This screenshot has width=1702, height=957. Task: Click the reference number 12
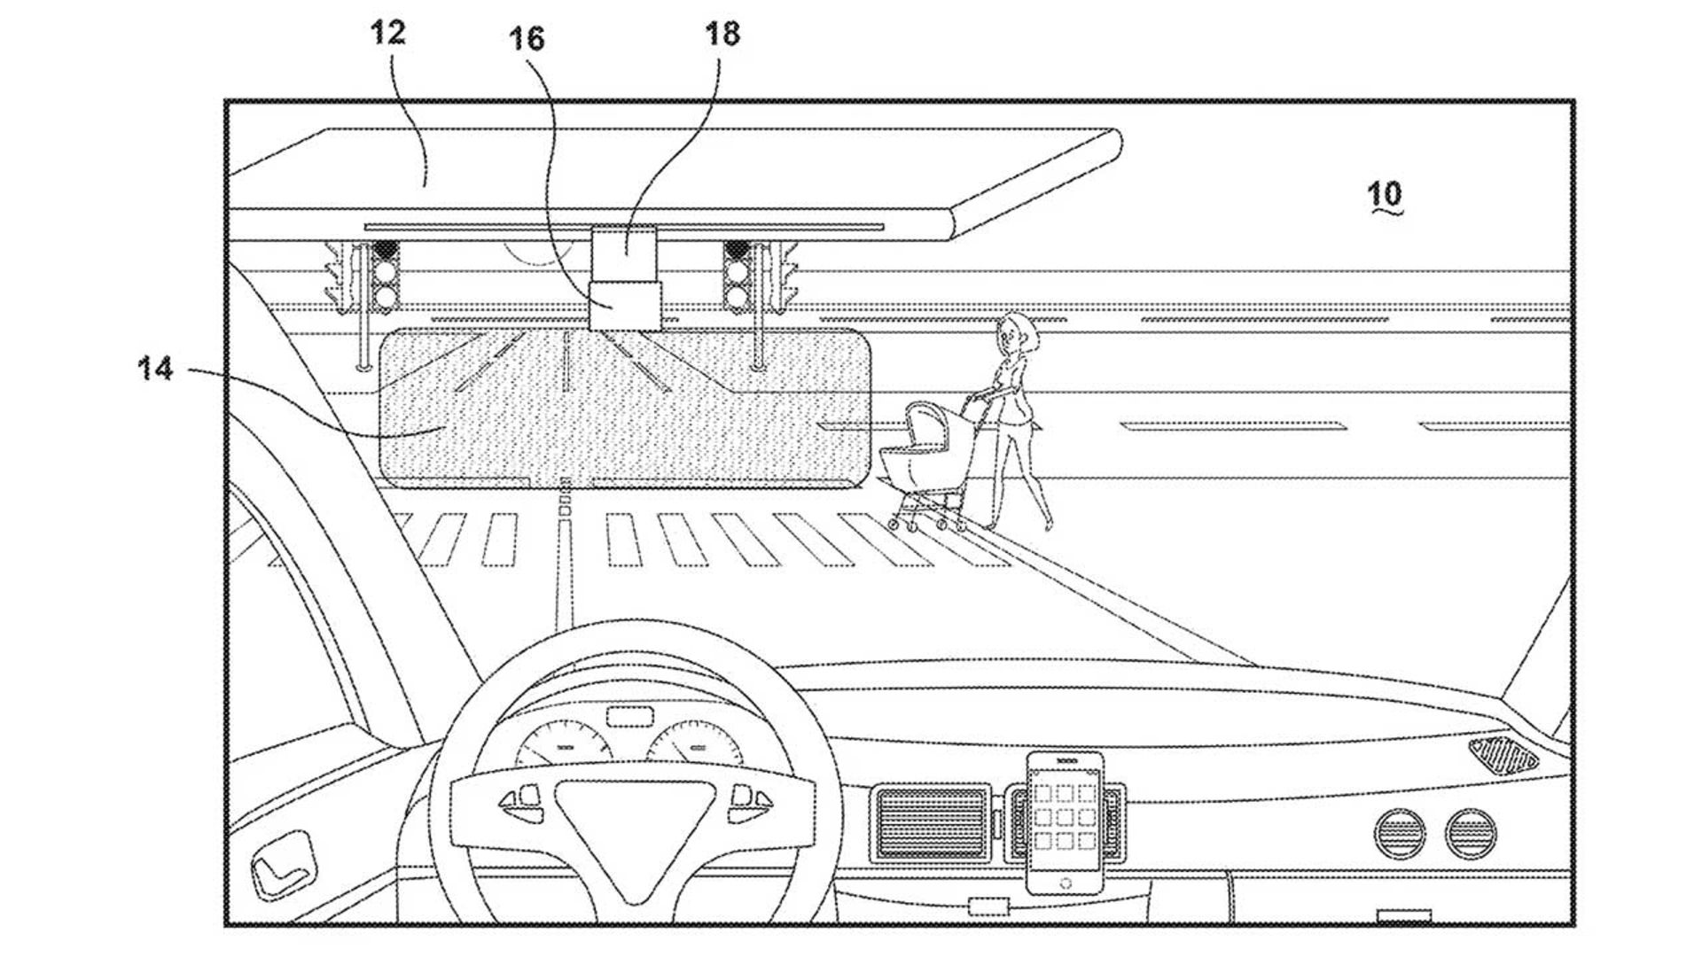pyautogui.click(x=387, y=34)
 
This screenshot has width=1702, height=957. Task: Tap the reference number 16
pyautogui.click(x=526, y=38)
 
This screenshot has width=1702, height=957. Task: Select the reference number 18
pyautogui.click(x=722, y=34)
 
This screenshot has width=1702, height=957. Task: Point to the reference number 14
pyautogui.click(x=155, y=367)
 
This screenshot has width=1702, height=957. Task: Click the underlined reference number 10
pyautogui.click(x=1385, y=193)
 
